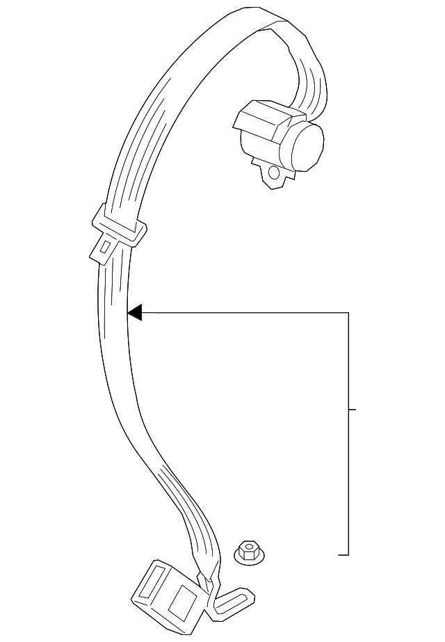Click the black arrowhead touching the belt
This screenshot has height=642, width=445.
click(x=135, y=313)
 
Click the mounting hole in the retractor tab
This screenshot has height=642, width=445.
click(x=274, y=172)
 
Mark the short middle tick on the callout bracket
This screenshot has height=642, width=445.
click(x=352, y=410)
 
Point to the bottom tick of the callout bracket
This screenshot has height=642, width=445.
click(x=343, y=555)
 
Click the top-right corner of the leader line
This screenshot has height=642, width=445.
click(x=348, y=313)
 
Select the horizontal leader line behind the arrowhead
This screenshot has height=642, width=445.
click(x=243, y=313)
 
